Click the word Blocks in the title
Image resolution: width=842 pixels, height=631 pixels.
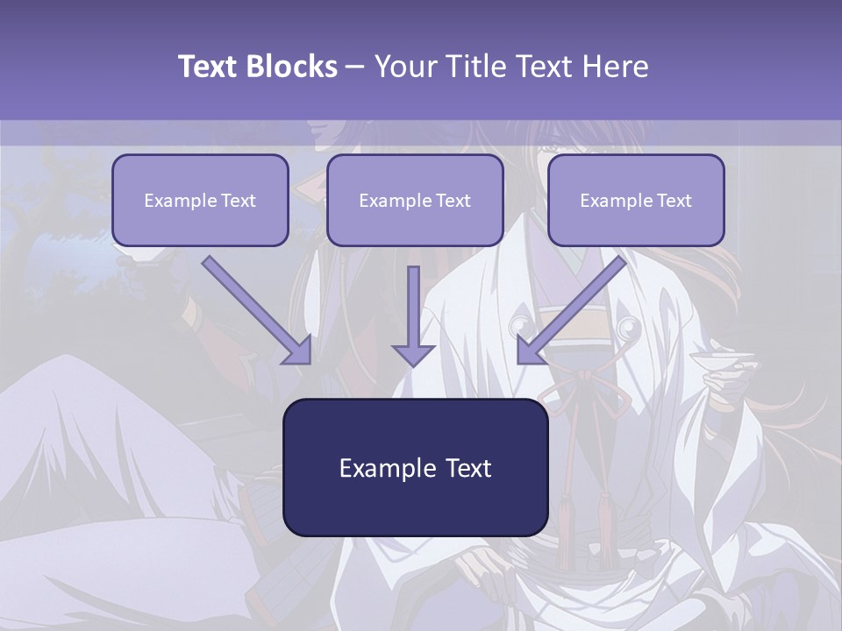coord(290,67)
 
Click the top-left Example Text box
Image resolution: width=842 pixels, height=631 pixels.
coord(200,200)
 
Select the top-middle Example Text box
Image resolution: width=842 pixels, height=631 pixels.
coord(415,200)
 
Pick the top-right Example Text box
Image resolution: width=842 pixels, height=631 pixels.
coord(636,200)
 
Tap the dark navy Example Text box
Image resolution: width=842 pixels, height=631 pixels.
coord(415,467)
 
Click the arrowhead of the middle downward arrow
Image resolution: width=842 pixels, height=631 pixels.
coord(413,354)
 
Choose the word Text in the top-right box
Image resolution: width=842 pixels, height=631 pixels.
coord(674,201)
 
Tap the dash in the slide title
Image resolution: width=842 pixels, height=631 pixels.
coord(355,67)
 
